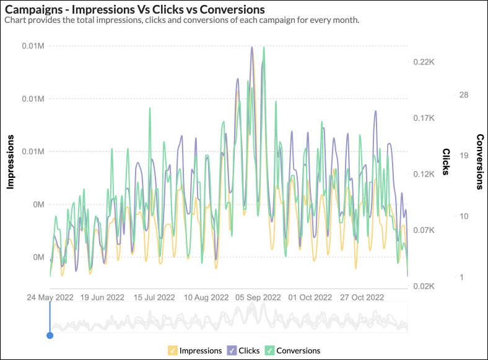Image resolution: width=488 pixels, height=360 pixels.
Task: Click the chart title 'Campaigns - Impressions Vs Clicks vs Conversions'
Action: pyautogui.click(x=135, y=9)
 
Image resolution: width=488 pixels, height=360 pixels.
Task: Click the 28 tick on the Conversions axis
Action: pyautogui.click(x=464, y=94)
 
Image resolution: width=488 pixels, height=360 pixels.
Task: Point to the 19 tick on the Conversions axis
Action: pyautogui.click(x=464, y=156)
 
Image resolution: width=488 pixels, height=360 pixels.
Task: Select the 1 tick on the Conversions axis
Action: pyautogui.click(x=461, y=277)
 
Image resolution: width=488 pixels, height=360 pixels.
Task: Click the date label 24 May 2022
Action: pyautogui.click(x=50, y=297)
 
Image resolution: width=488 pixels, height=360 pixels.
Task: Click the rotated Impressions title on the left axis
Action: pyautogui.click(x=11, y=161)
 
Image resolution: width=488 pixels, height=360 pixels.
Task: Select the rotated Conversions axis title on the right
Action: pyautogui.click(x=479, y=161)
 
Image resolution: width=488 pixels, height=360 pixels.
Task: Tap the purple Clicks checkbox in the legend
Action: pyautogui.click(x=232, y=351)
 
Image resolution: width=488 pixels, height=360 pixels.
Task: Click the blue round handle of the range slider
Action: pyautogui.click(x=50, y=335)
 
